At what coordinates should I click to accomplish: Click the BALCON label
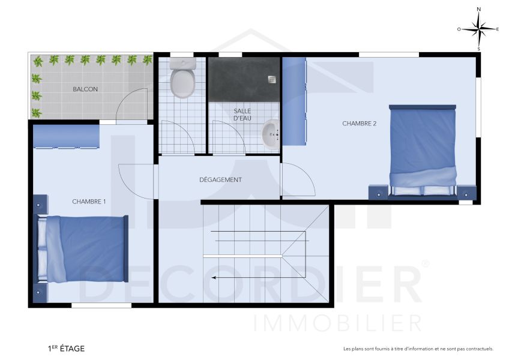tap(85, 89)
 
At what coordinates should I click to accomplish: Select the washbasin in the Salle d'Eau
tap(271, 134)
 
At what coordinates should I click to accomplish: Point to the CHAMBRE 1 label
tap(89, 202)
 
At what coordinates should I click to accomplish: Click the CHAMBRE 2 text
tap(360, 124)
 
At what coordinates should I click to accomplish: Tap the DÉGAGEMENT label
tap(220, 180)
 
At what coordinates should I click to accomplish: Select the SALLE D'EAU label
tap(242, 115)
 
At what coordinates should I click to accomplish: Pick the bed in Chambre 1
tap(84, 248)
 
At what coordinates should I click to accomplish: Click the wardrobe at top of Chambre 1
tap(66, 137)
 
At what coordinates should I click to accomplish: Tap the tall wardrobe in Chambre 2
tap(294, 101)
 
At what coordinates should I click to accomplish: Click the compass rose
tap(478, 29)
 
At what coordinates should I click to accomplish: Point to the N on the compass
tap(478, 10)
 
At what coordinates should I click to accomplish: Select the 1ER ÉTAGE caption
tap(66, 348)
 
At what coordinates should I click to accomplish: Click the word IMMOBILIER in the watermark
tap(338, 323)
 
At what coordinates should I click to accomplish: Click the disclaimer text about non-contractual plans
tap(418, 349)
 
